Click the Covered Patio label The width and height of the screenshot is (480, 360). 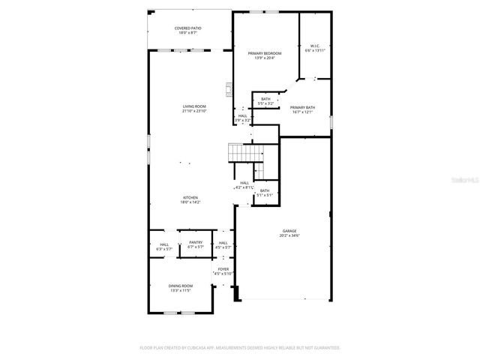tap(189, 28)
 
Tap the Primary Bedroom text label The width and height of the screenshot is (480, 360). tap(265, 53)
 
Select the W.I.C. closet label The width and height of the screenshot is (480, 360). tap(315, 45)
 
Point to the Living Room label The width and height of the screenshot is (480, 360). tap(194, 106)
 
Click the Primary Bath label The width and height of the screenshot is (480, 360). tap(303, 107)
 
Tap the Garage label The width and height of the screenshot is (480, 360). tap(289, 230)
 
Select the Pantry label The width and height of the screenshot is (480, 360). tap(196, 242)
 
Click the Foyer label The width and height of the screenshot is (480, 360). tap(223, 268)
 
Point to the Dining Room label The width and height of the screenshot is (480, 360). tap(181, 285)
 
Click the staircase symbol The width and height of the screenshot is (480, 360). tap(244, 153)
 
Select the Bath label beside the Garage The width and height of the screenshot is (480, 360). tap(265, 190)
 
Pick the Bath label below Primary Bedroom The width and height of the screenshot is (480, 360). tap(266, 99)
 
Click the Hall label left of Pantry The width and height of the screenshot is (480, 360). tap(164, 243)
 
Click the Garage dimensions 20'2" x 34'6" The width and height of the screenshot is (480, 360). tap(289, 235)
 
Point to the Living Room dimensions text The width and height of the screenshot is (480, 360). tap(194, 111)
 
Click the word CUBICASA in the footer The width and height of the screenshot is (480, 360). tap(214, 348)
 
